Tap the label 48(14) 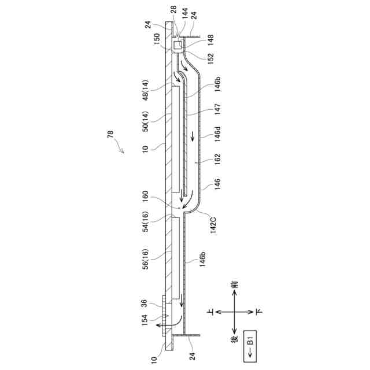(x=146, y=90)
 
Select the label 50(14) (x=146, y=121)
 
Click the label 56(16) (x=146, y=259)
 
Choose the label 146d (x=217, y=134)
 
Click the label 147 (x=217, y=109)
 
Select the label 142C (x=213, y=225)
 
